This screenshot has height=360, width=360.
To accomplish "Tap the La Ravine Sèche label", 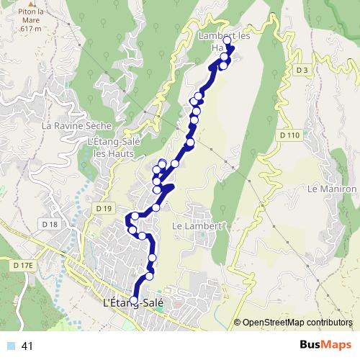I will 77,125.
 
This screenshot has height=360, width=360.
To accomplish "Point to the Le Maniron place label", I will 332,189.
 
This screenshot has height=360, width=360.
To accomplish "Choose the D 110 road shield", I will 289,135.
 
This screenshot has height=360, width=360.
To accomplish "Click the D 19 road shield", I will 104,207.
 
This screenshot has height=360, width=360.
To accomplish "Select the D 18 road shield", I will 50,225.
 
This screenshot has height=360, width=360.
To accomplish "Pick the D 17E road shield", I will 23,266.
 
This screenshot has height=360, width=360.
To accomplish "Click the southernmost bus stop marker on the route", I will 133,300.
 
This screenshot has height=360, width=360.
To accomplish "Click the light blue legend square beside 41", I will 11,346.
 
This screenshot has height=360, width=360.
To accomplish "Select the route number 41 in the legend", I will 28,346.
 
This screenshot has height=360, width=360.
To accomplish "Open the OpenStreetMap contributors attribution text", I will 297,322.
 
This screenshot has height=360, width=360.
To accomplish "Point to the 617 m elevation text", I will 31,30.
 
